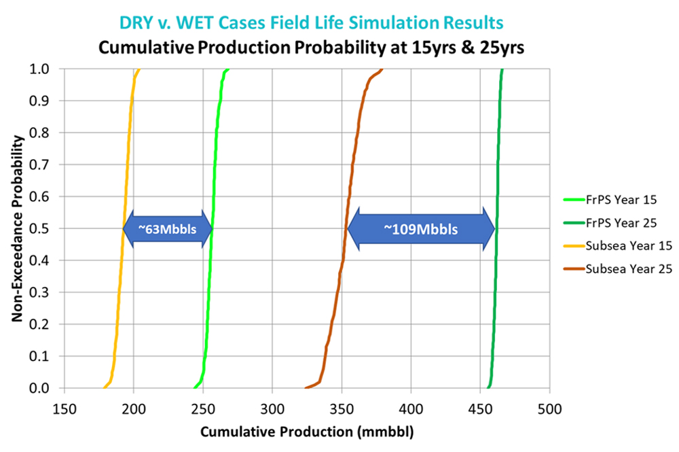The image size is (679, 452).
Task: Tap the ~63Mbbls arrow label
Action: (x=167, y=229)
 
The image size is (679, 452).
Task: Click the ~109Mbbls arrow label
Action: (x=420, y=229)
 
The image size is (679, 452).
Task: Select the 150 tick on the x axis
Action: (x=64, y=411)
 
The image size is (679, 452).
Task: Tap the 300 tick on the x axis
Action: (x=272, y=411)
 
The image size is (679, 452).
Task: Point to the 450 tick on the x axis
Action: (x=479, y=411)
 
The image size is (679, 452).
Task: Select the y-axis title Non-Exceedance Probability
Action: (x=20, y=228)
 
